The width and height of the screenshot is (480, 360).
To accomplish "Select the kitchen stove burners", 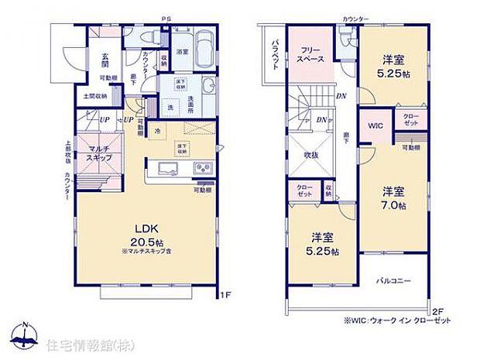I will pyautogui.click(x=202, y=169).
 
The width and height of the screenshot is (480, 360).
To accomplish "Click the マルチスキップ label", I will pyautogui.click(x=100, y=153).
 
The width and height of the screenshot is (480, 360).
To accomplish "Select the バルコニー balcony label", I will pyautogui.click(x=395, y=280).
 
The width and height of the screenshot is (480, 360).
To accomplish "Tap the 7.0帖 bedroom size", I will pyautogui.click(x=393, y=205).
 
